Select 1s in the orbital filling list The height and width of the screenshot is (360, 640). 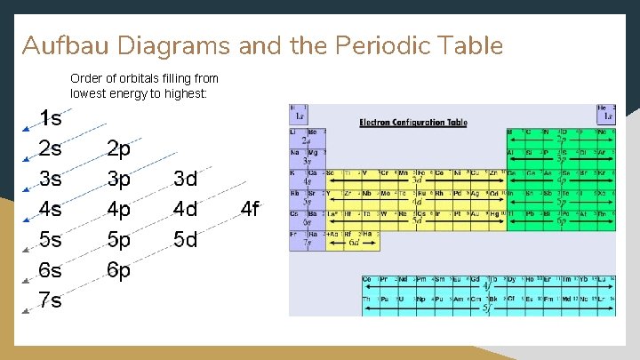point(50,118)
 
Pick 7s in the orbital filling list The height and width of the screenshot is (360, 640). point(50,300)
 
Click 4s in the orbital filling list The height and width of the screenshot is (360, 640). point(50,209)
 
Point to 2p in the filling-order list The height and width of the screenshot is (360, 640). point(118,148)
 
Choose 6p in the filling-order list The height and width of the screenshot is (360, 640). point(118,270)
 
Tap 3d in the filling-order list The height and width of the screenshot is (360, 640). point(185,179)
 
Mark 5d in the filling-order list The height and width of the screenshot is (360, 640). point(185,240)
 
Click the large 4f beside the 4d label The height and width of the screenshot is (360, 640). point(250,210)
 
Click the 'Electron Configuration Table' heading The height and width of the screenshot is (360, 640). point(412,122)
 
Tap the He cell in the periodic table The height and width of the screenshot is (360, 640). point(606,112)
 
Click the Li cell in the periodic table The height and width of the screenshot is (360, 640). point(297,133)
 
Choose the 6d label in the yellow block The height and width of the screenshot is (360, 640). point(353,242)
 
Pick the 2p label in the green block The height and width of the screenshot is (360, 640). point(560,140)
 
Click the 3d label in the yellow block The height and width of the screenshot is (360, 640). point(416,180)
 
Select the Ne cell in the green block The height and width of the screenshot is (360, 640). point(606,133)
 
